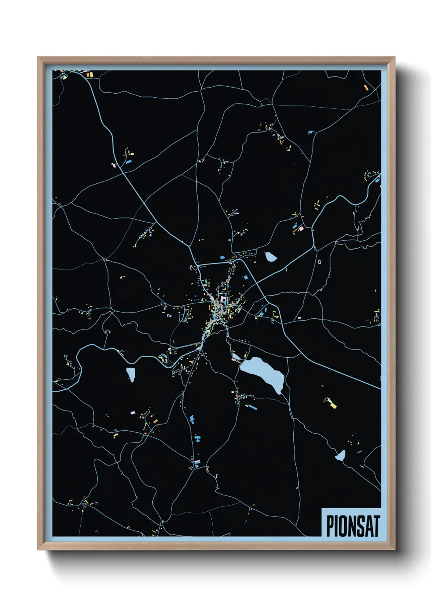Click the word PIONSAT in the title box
tap(353, 526)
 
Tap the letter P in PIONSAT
tap(330, 526)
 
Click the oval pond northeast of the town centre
tap(270, 257)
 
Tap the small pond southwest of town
tap(131, 374)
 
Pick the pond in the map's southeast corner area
tap(340, 456)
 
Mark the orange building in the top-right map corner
tap(366, 87)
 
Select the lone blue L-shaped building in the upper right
tap(312, 132)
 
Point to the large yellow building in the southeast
tap(333, 405)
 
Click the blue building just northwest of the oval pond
tap(222, 257)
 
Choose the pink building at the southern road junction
tap(197, 461)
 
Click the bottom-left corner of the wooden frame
tap(38, 549)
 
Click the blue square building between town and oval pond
tap(246, 277)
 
